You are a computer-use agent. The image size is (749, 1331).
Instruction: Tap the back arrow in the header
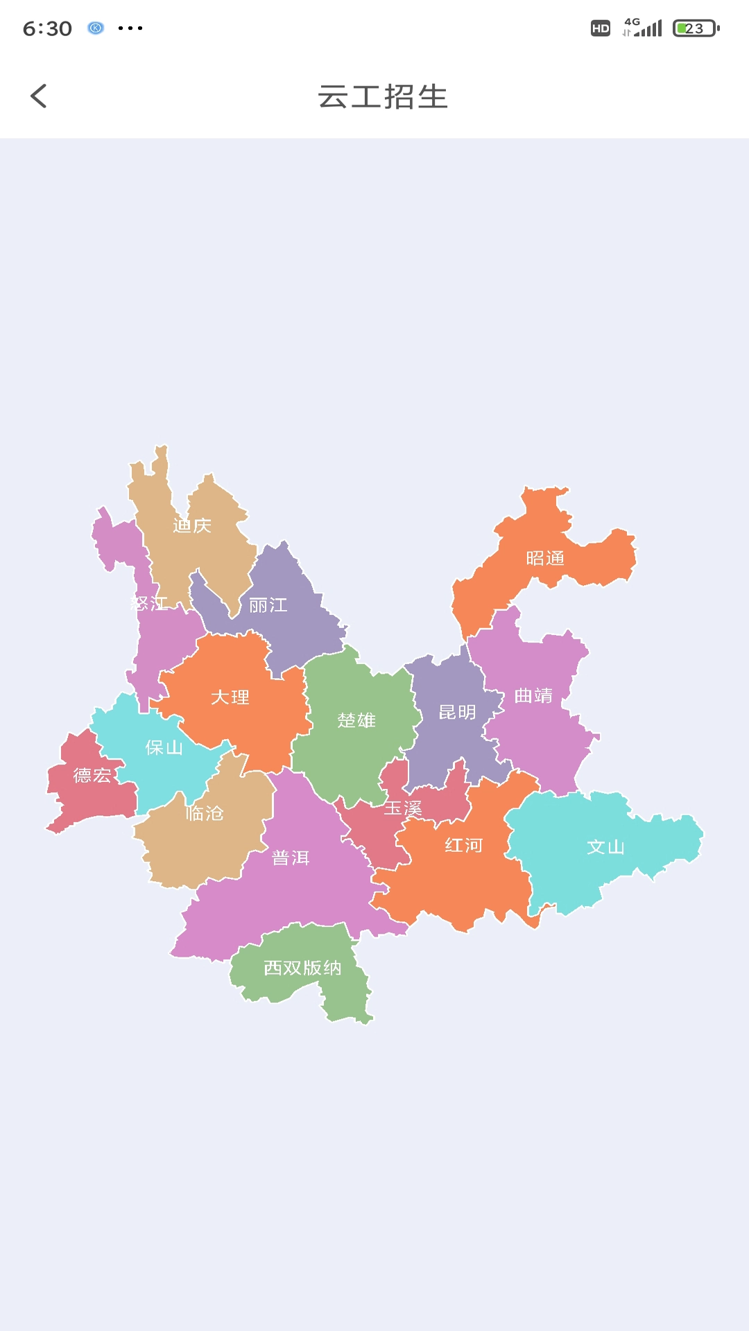(39, 96)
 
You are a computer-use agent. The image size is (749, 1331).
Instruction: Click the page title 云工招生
(383, 97)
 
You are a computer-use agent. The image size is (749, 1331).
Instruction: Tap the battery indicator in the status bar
(696, 28)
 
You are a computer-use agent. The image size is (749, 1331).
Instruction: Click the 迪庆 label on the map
(192, 526)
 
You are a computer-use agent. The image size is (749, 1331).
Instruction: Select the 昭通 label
(545, 559)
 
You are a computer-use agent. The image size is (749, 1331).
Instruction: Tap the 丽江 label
(268, 606)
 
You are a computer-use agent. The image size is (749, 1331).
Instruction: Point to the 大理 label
(230, 697)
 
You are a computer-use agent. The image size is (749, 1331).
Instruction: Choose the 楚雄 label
(356, 721)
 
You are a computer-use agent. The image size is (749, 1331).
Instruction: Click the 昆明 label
(458, 713)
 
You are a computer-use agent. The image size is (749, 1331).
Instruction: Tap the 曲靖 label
(534, 696)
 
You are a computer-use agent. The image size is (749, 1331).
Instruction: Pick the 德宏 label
(92, 776)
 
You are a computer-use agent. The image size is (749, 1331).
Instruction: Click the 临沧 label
(205, 813)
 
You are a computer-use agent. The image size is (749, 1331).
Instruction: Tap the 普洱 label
(291, 858)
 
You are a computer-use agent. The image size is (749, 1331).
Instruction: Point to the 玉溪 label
(403, 809)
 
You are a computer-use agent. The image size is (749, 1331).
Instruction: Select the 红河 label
(464, 846)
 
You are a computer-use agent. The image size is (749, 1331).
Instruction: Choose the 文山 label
(606, 847)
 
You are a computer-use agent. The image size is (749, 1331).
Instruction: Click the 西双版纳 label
(302, 968)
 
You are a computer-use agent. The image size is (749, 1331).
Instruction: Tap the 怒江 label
(149, 604)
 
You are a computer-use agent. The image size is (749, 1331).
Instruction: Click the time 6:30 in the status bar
(47, 28)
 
